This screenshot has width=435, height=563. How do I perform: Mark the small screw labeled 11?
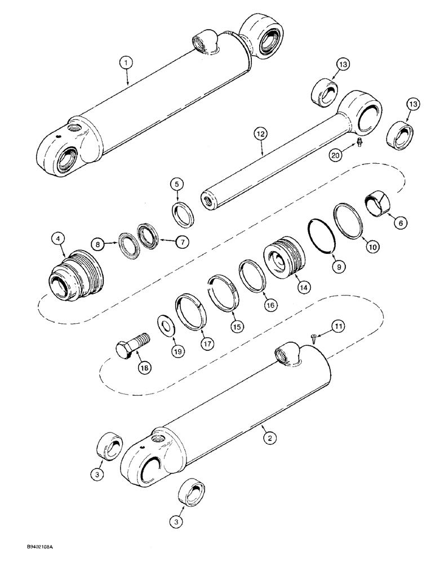pyautogui.click(x=312, y=337)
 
